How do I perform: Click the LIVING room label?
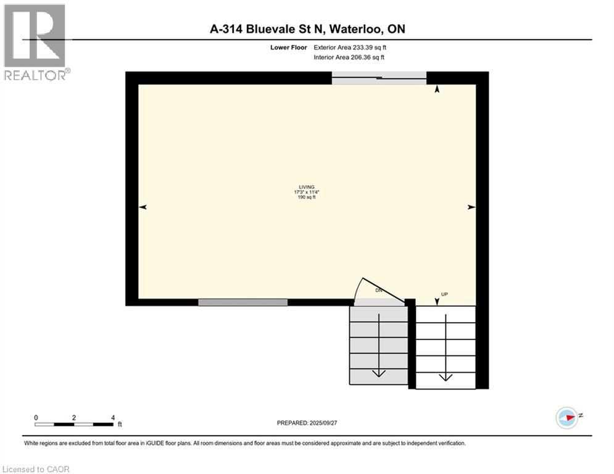click(x=306, y=187)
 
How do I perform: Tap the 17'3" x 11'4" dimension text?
click(x=306, y=192)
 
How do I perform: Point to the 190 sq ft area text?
click(x=306, y=197)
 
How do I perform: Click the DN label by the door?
click(x=379, y=290)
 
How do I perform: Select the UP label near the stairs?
click(x=444, y=294)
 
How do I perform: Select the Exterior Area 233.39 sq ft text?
click(x=351, y=48)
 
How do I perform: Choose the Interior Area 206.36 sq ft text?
click(x=349, y=57)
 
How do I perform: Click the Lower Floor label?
click(x=294, y=48)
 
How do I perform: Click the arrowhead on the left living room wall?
click(x=143, y=207)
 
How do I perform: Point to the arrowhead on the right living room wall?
click(x=471, y=207)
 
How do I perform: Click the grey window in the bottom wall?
click(x=243, y=302)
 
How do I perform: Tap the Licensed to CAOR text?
click(x=36, y=469)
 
